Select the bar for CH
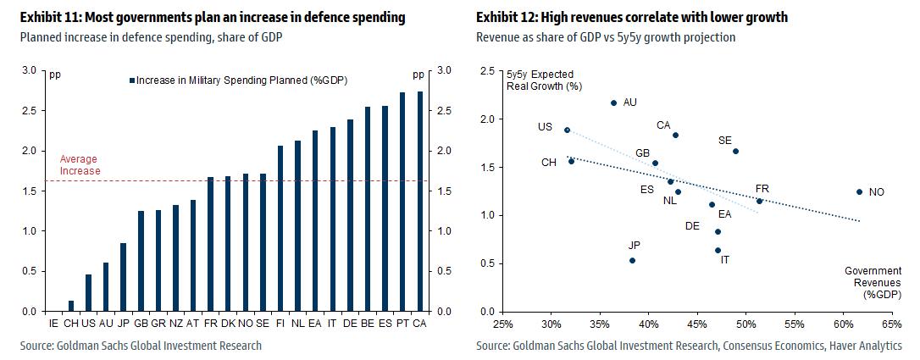[71, 306]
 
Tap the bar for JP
[124, 277]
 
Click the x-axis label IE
[54, 324]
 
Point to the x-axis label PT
[402, 324]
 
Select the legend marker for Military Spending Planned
[132, 80]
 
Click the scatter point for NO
[859, 192]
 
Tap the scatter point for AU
[614, 103]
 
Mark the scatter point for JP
[632, 260]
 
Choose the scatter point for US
[567, 130]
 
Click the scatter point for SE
[736, 152]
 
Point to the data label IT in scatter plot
[725, 260]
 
